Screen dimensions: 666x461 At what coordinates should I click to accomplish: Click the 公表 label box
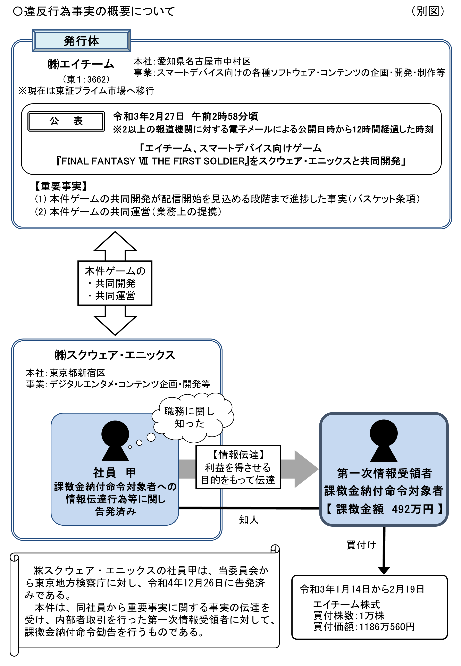66,121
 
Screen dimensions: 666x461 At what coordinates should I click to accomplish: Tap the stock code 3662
97,80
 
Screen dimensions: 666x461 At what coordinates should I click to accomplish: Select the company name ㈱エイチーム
81,64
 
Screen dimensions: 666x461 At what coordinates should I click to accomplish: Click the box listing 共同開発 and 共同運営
115,283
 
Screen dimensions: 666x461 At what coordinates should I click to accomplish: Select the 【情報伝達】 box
238,467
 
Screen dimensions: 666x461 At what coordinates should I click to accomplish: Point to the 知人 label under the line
248,520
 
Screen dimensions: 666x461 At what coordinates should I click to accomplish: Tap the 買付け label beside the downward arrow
361,545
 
